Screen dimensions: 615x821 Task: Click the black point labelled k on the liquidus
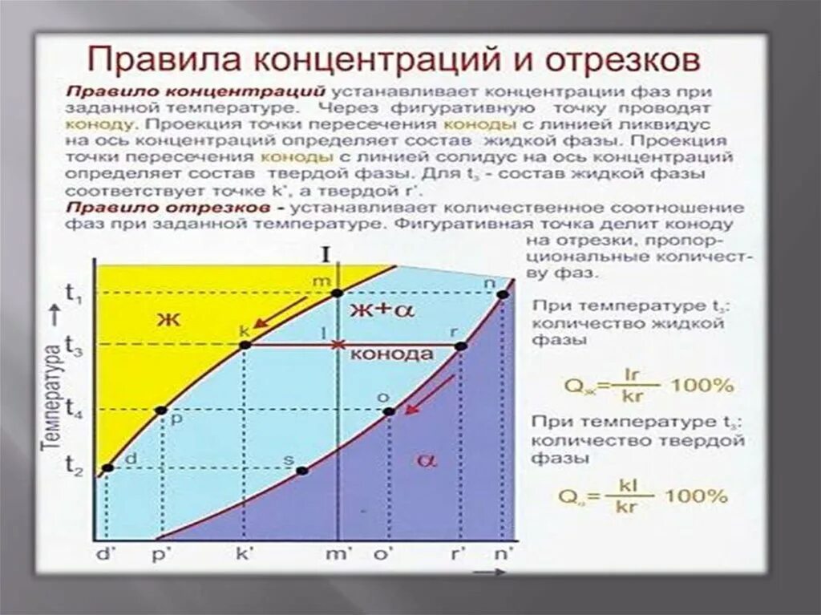pos(245,346)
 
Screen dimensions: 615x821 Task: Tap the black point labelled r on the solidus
pos(461,346)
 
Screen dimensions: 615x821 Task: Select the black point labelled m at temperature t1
pos(338,293)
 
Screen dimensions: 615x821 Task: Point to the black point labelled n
pos(503,294)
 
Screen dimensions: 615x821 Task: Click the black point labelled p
pos(161,411)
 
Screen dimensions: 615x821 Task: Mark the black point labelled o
pos(389,411)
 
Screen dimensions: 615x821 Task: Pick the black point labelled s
pos(302,470)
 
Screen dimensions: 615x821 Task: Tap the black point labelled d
pos(107,467)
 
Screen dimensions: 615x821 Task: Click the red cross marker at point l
pos(338,346)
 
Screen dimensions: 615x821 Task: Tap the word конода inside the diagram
pos(393,354)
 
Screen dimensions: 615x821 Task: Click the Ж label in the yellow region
pos(168,319)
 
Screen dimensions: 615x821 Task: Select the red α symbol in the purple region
pos(426,459)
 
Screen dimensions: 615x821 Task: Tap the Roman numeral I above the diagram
pos(326,255)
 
